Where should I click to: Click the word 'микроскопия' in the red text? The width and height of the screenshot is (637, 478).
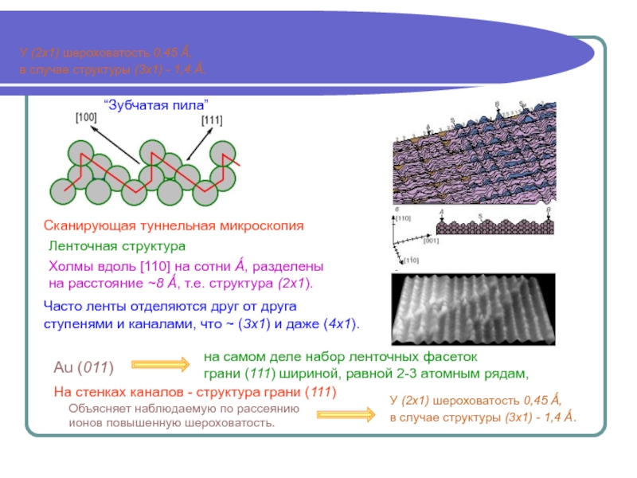pos(264,226)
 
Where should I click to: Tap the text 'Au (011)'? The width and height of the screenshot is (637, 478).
pos(83,367)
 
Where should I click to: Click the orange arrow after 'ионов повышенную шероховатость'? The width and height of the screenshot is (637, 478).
pos(344,414)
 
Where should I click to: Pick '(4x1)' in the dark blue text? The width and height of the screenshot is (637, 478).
pos(341,325)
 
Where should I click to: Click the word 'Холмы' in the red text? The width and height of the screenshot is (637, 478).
pos(71,265)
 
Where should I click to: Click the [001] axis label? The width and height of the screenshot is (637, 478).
pos(431,239)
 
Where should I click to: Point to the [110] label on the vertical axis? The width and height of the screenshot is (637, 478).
pos(403,217)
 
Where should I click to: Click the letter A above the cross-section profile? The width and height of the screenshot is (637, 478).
pos(441,212)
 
